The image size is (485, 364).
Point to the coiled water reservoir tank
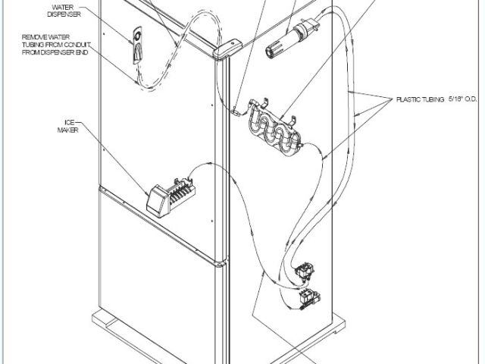point(274,132)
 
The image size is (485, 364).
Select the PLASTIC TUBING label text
point(419,99)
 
